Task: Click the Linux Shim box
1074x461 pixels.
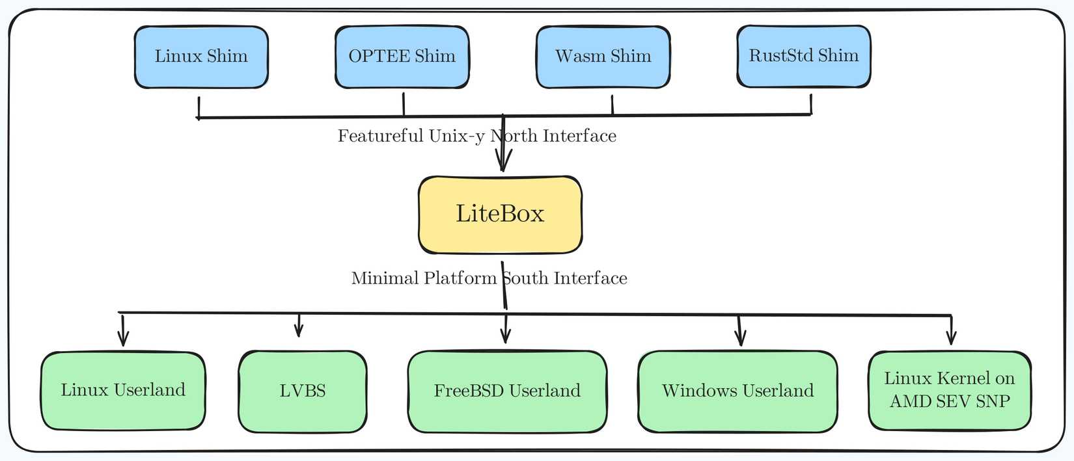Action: point(201,57)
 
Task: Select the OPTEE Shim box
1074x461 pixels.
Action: point(402,57)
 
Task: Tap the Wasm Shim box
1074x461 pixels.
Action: point(603,57)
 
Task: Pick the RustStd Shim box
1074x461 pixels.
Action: point(803,57)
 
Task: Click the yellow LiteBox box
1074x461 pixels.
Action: point(500,215)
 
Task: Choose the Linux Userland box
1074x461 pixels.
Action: point(123,391)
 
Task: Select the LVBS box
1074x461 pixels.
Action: point(303,391)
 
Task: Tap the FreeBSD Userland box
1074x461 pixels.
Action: point(507,391)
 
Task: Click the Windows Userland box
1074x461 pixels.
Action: point(737,391)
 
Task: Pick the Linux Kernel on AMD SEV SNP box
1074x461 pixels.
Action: point(950,390)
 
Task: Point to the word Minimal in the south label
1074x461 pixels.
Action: point(385,278)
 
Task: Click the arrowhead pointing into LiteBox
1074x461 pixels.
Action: point(503,163)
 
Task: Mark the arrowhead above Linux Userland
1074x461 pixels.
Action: point(123,339)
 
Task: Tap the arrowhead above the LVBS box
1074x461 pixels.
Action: point(299,331)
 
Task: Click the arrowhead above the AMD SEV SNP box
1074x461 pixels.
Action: point(951,337)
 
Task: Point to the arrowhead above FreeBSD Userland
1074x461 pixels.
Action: point(506,336)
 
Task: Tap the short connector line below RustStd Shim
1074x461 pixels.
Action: point(811,104)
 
